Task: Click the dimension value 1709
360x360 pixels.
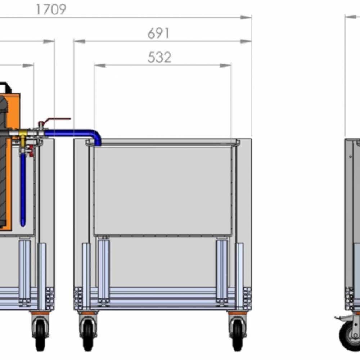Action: pyautogui.click(x=51, y=9)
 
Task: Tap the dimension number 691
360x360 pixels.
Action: pyautogui.click(x=158, y=33)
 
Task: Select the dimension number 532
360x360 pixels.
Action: pyautogui.click(x=159, y=57)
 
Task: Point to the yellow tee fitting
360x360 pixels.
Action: pyautogui.click(x=23, y=135)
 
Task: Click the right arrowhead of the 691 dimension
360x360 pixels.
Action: pyautogui.click(x=246, y=41)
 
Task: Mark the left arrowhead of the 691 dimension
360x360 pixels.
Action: pyautogui.click(x=80, y=41)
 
